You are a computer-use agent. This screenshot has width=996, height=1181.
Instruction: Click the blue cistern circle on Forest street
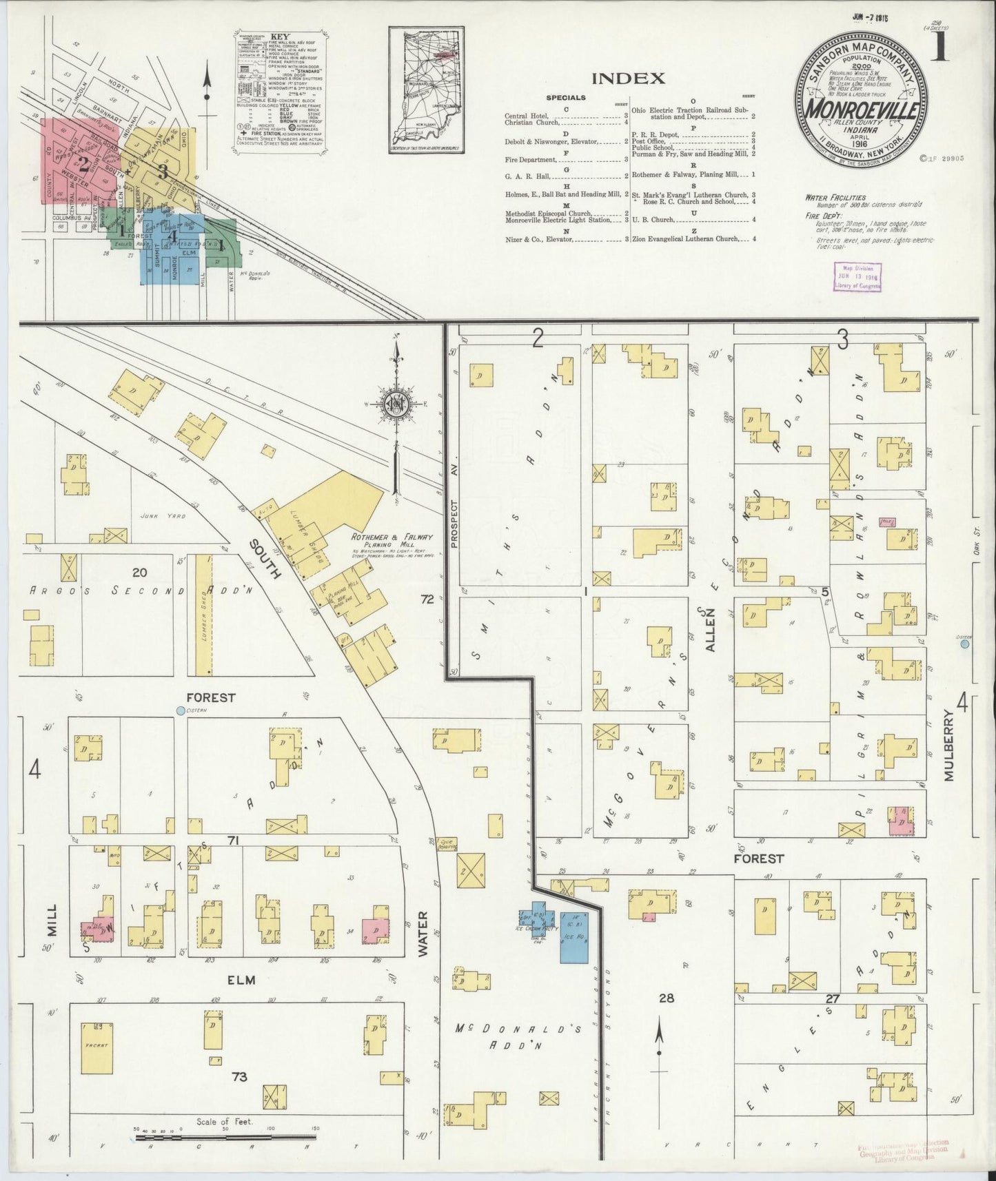(181, 710)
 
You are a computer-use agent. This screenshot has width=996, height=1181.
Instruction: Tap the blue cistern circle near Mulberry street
(964, 644)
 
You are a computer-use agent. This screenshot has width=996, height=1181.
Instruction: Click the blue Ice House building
(571, 936)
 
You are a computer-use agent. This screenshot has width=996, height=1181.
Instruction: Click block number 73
(238, 1096)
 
